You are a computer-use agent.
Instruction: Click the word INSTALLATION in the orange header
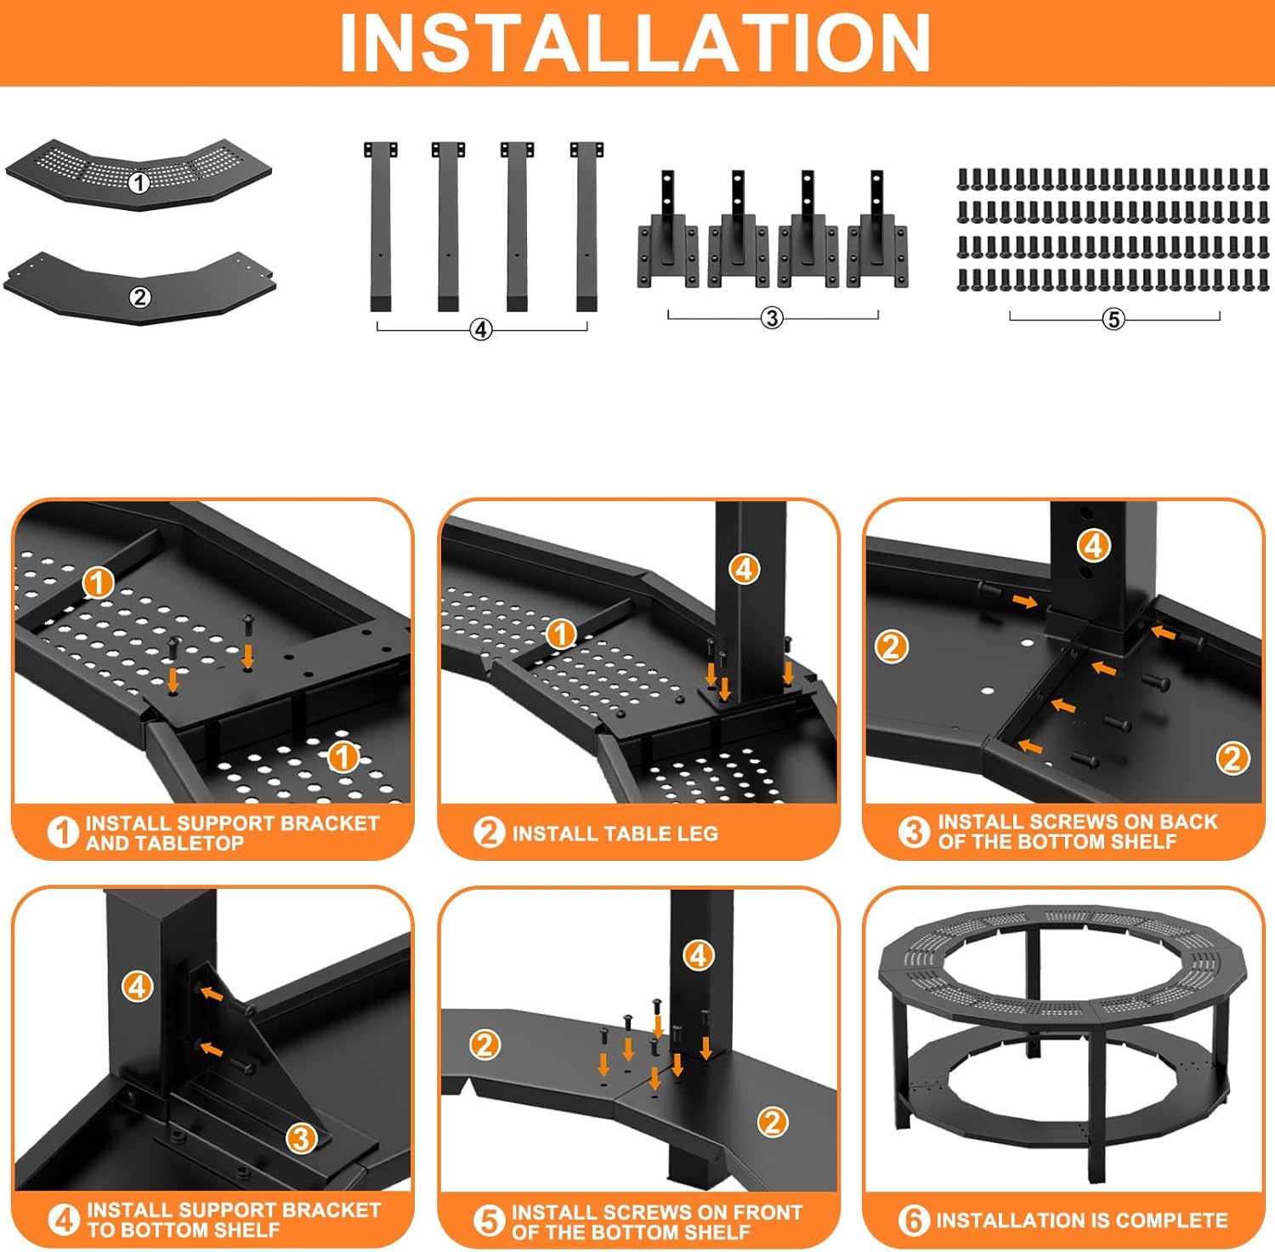(635, 43)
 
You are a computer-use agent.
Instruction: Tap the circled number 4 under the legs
(481, 329)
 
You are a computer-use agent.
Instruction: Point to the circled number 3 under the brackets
(771, 318)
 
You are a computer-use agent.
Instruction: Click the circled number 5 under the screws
(1113, 319)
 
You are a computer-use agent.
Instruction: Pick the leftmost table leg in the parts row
(380, 225)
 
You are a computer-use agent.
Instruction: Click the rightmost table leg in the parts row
(586, 225)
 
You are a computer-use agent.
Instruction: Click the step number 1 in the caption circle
(63, 832)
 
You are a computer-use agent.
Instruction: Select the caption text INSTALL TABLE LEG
(615, 834)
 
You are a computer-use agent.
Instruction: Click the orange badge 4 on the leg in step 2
(745, 569)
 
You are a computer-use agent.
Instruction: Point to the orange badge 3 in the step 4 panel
(301, 1138)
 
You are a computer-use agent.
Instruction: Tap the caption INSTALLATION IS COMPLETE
(1081, 1221)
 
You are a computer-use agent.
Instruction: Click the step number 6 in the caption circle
(914, 1221)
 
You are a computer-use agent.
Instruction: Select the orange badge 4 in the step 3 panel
(1094, 545)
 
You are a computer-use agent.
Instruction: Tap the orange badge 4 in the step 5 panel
(698, 955)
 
